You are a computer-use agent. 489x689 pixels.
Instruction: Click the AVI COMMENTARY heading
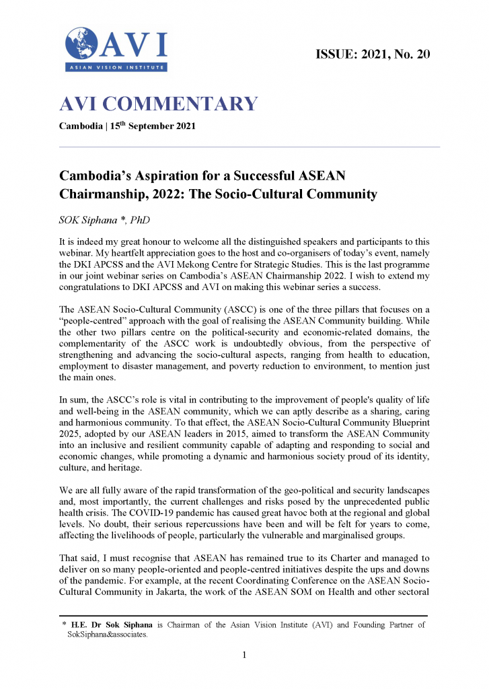(x=159, y=104)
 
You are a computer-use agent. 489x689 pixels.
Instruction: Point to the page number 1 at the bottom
(x=245, y=655)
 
